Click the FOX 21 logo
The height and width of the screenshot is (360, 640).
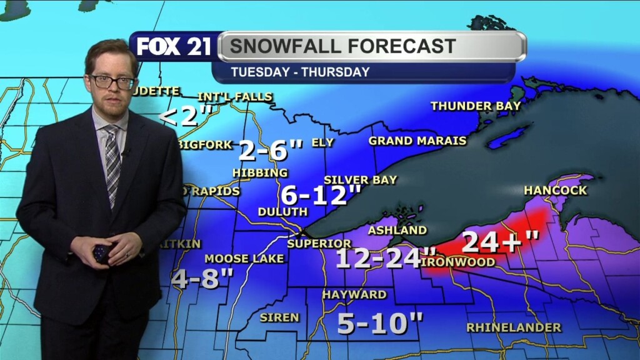pos(174,47)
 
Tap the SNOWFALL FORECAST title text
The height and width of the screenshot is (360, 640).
pos(342,46)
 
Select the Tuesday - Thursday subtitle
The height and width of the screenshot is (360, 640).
pos(300,72)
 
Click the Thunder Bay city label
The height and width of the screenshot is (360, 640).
pos(476,106)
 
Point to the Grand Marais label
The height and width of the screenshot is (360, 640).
pos(417,141)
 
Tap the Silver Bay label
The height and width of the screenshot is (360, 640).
pos(360,180)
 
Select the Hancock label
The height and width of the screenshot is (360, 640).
pos(556,190)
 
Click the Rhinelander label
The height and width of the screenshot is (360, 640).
pos(514,327)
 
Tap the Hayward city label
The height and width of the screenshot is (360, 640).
pos(354,294)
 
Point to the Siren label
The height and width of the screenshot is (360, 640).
pos(279,317)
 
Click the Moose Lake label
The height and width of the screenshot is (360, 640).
pos(244,259)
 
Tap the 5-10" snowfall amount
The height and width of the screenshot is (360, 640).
pos(380,322)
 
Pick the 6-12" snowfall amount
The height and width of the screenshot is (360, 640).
pos(321,196)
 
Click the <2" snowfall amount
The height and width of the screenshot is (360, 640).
pos(186,116)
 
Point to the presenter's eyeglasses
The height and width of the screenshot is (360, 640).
pos(112,82)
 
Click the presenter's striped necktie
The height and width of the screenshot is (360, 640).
pos(112,162)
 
